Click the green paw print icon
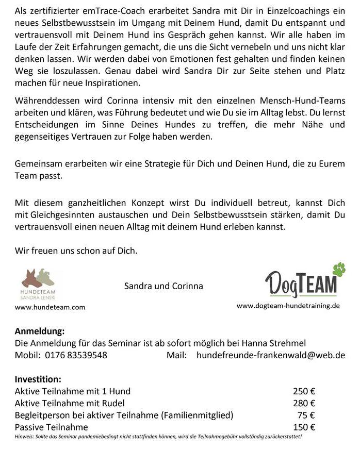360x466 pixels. (x=338, y=269)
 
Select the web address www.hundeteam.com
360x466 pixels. (x=50, y=307)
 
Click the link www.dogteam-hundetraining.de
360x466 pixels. (x=288, y=306)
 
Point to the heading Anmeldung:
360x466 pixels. (x=40, y=331)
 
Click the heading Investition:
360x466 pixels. (x=38, y=379)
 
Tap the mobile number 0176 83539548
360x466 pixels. (x=76, y=355)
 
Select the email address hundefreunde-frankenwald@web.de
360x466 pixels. (x=271, y=355)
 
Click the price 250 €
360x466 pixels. (x=304, y=391)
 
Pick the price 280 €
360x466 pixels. (x=304, y=403)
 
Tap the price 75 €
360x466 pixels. (x=306, y=415)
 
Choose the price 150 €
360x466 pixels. (x=304, y=427)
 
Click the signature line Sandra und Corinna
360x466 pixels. (x=163, y=286)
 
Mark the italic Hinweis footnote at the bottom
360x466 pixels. (x=158, y=437)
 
